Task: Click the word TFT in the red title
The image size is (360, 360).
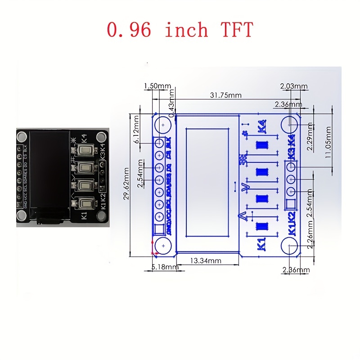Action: click(x=237, y=29)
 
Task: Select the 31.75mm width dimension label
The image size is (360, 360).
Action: click(x=225, y=95)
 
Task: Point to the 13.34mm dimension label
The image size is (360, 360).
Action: click(x=205, y=261)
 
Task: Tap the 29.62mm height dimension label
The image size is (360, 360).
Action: click(x=127, y=183)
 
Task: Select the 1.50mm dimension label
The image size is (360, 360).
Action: click(x=157, y=86)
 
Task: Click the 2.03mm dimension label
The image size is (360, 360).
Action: click(x=293, y=86)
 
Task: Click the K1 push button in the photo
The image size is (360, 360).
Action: click(x=85, y=204)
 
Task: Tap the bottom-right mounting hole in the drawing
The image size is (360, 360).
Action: click(x=292, y=246)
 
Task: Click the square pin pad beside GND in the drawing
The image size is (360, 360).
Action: click(x=159, y=230)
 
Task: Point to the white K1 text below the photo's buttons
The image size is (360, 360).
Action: click(x=84, y=216)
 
